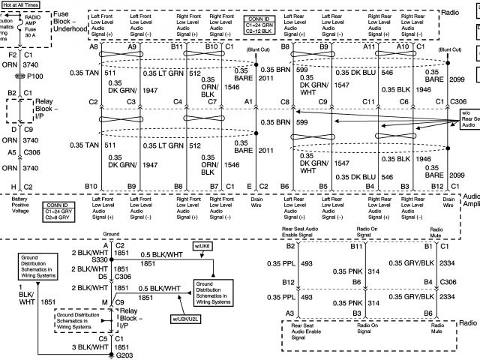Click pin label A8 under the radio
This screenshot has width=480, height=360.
click(x=94, y=46)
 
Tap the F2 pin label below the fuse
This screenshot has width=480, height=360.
click(x=12, y=55)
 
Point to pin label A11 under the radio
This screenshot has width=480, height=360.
click(x=370, y=46)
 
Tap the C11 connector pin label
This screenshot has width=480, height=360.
click(x=368, y=101)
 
